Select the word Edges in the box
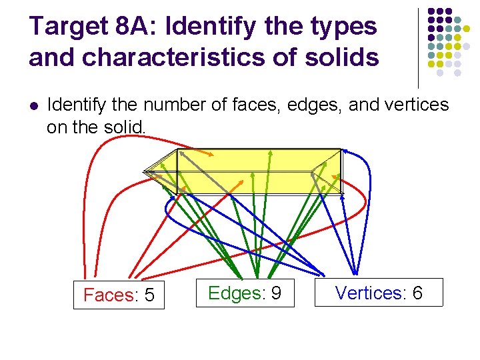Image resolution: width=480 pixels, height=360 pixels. [234, 293]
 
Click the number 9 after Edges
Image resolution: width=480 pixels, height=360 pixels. [275, 293]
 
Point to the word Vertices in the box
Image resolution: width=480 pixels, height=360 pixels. [369, 293]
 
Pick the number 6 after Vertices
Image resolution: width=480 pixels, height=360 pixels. [417, 293]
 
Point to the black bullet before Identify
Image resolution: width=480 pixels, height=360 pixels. [34, 105]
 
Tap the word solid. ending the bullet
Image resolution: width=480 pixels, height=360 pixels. [126, 126]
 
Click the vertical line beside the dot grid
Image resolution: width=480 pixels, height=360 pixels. [418, 47]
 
